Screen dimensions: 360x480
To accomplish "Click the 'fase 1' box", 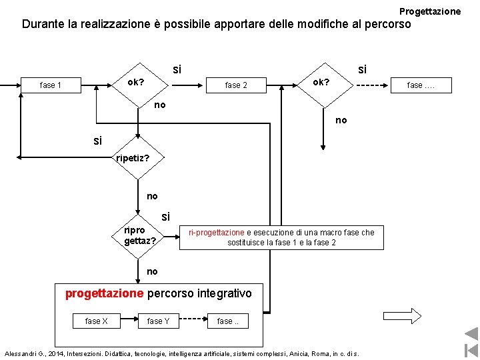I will [51, 85].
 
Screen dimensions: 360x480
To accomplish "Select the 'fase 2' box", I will [236, 85].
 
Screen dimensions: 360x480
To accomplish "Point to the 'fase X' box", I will [97, 321].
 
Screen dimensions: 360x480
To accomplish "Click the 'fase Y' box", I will [158, 321].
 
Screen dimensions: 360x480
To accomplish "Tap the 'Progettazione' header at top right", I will [429, 11].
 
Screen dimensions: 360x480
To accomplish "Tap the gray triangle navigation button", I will [471, 334].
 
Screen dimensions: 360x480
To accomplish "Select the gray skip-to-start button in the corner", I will [471, 350].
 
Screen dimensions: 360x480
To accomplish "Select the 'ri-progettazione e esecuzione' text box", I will [281, 237].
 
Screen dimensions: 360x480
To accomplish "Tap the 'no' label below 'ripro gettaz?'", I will [152, 271].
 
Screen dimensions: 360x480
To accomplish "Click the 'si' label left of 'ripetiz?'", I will [98, 141].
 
